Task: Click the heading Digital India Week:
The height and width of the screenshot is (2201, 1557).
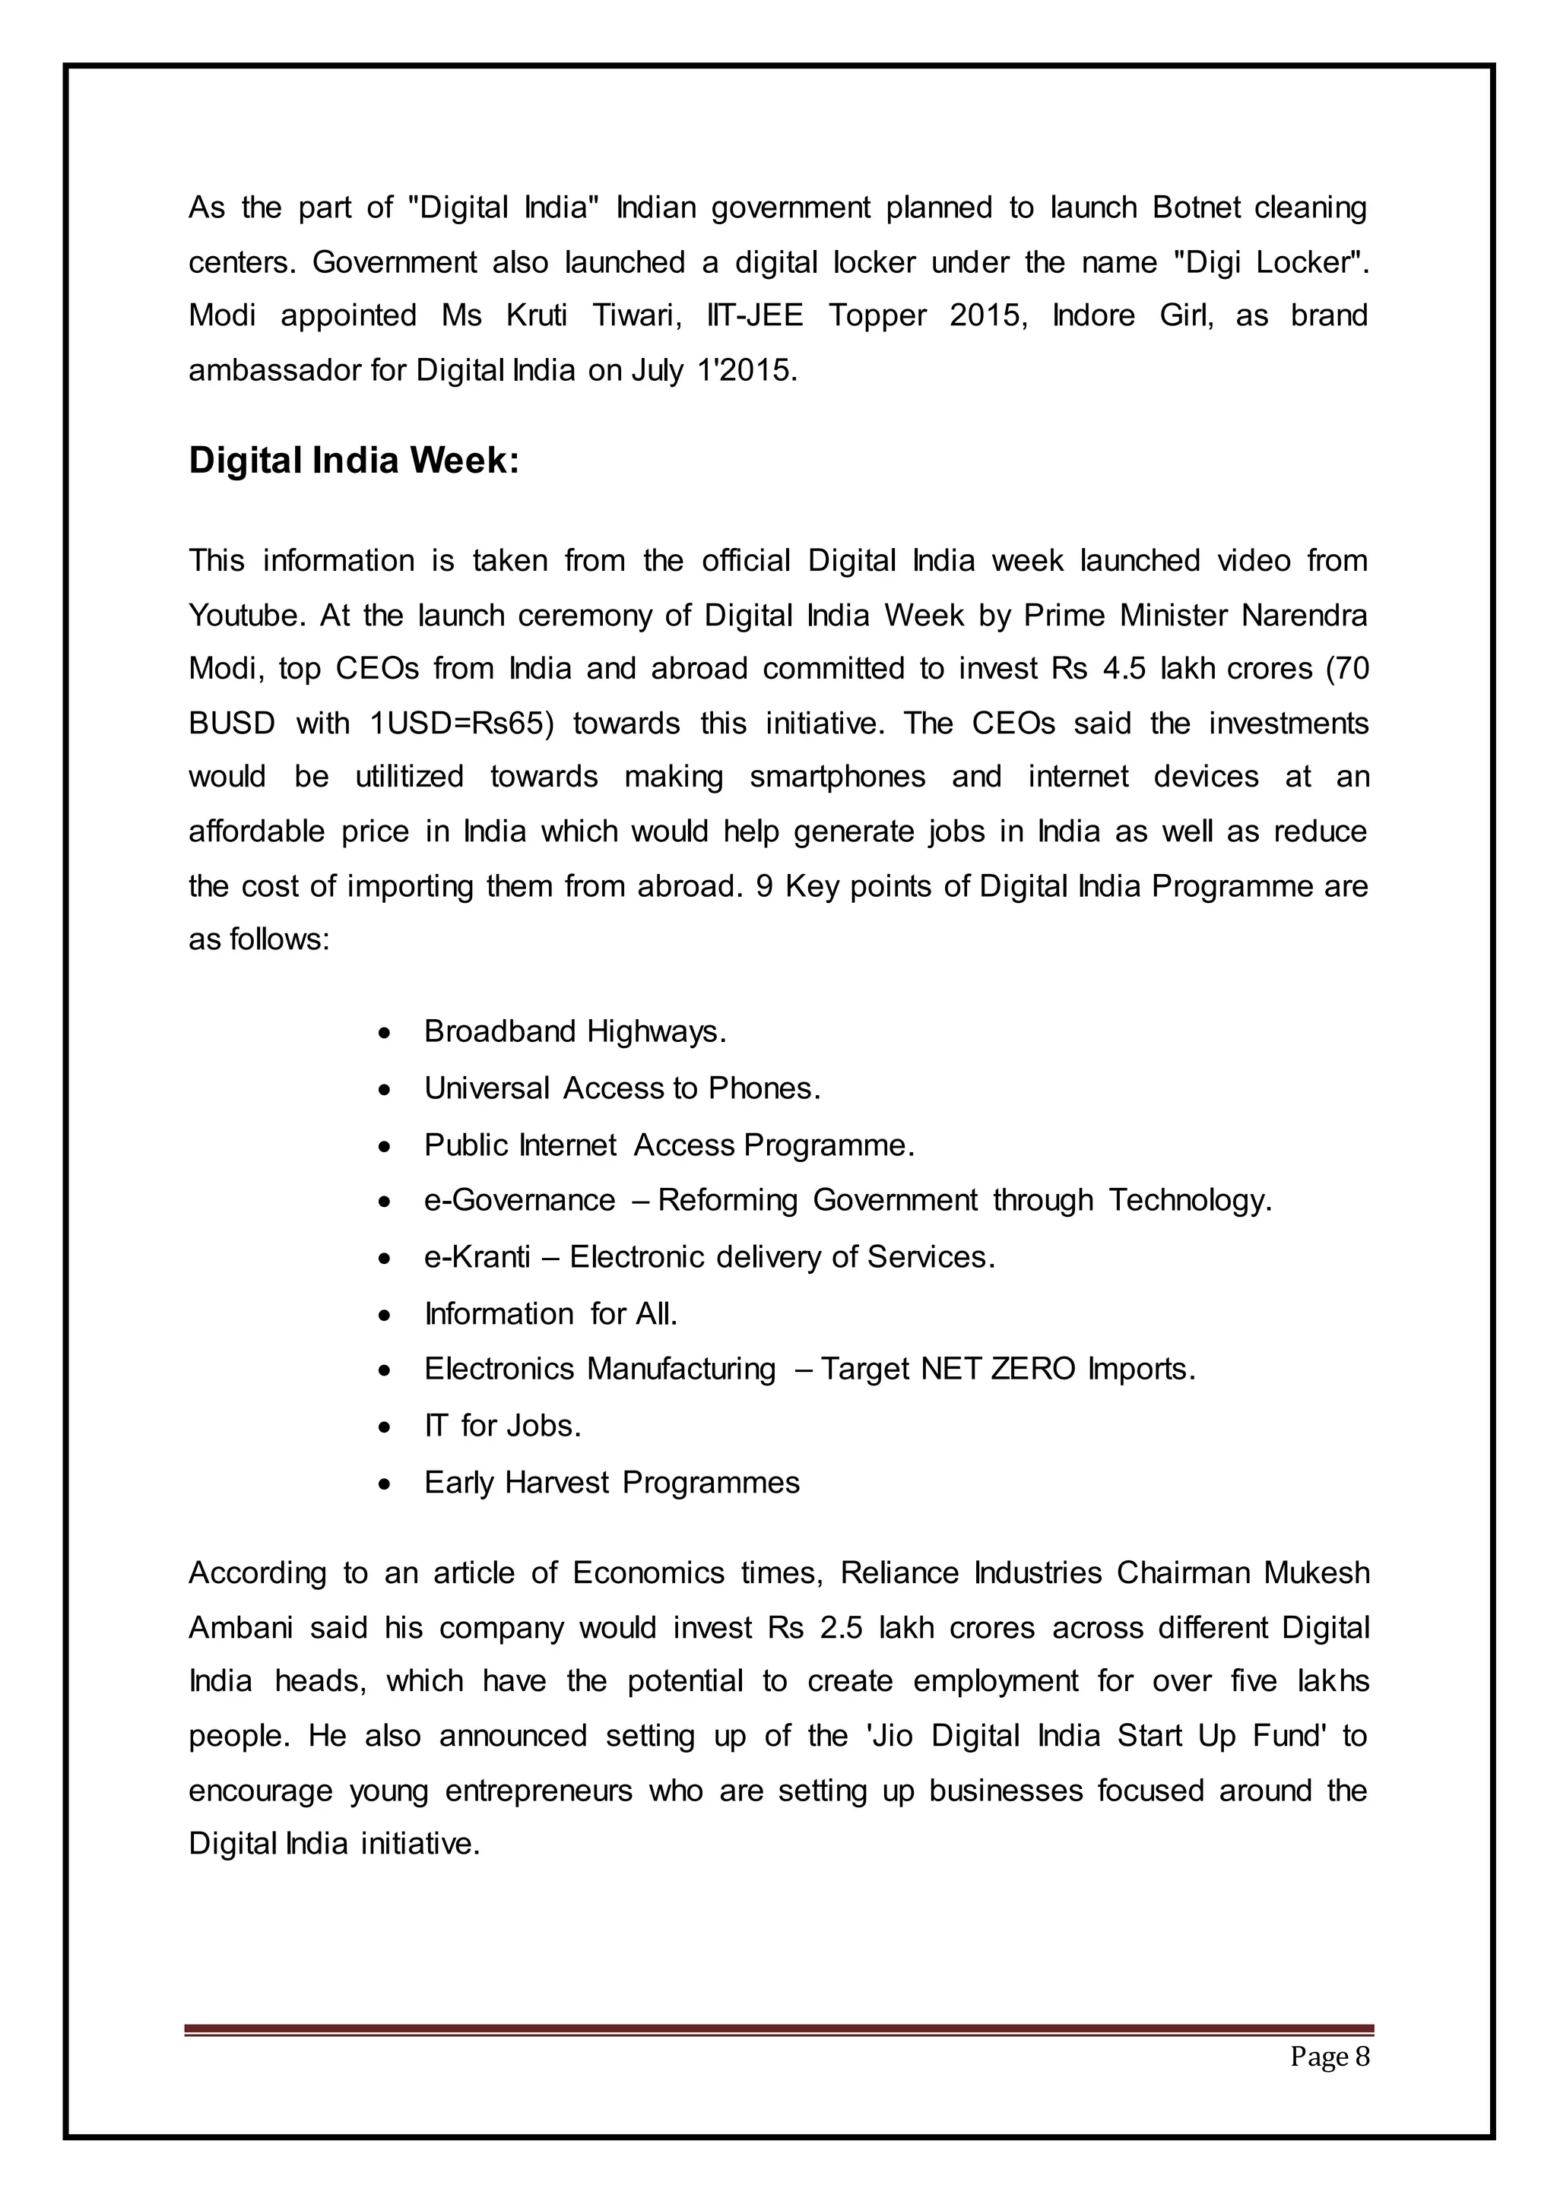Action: [354, 461]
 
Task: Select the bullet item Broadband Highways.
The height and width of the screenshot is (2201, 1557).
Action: [576, 1031]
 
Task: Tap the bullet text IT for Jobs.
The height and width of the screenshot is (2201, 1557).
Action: [503, 1426]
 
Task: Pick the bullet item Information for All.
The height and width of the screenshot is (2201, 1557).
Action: [550, 1313]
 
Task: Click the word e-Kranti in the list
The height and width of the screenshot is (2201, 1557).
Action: [477, 1257]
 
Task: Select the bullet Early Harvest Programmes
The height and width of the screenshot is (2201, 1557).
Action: [612, 1482]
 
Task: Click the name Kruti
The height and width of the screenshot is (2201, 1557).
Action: [537, 316]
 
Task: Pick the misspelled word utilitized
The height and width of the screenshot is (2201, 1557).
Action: [409, 777]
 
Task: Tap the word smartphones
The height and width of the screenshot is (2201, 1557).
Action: [837, 777]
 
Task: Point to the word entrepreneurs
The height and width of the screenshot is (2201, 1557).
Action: [539, 1791]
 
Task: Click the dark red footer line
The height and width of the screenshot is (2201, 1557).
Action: [778, 2029]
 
